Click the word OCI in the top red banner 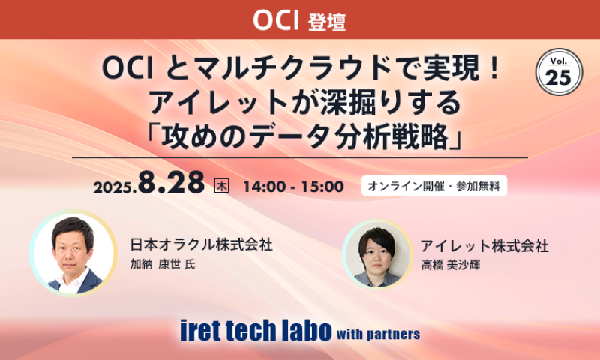point(277,20)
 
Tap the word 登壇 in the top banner point(327,22)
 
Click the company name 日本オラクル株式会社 point(201,244)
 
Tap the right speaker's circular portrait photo point(377,255)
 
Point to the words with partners point(379,333)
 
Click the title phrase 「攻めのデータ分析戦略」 point(300,137)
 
